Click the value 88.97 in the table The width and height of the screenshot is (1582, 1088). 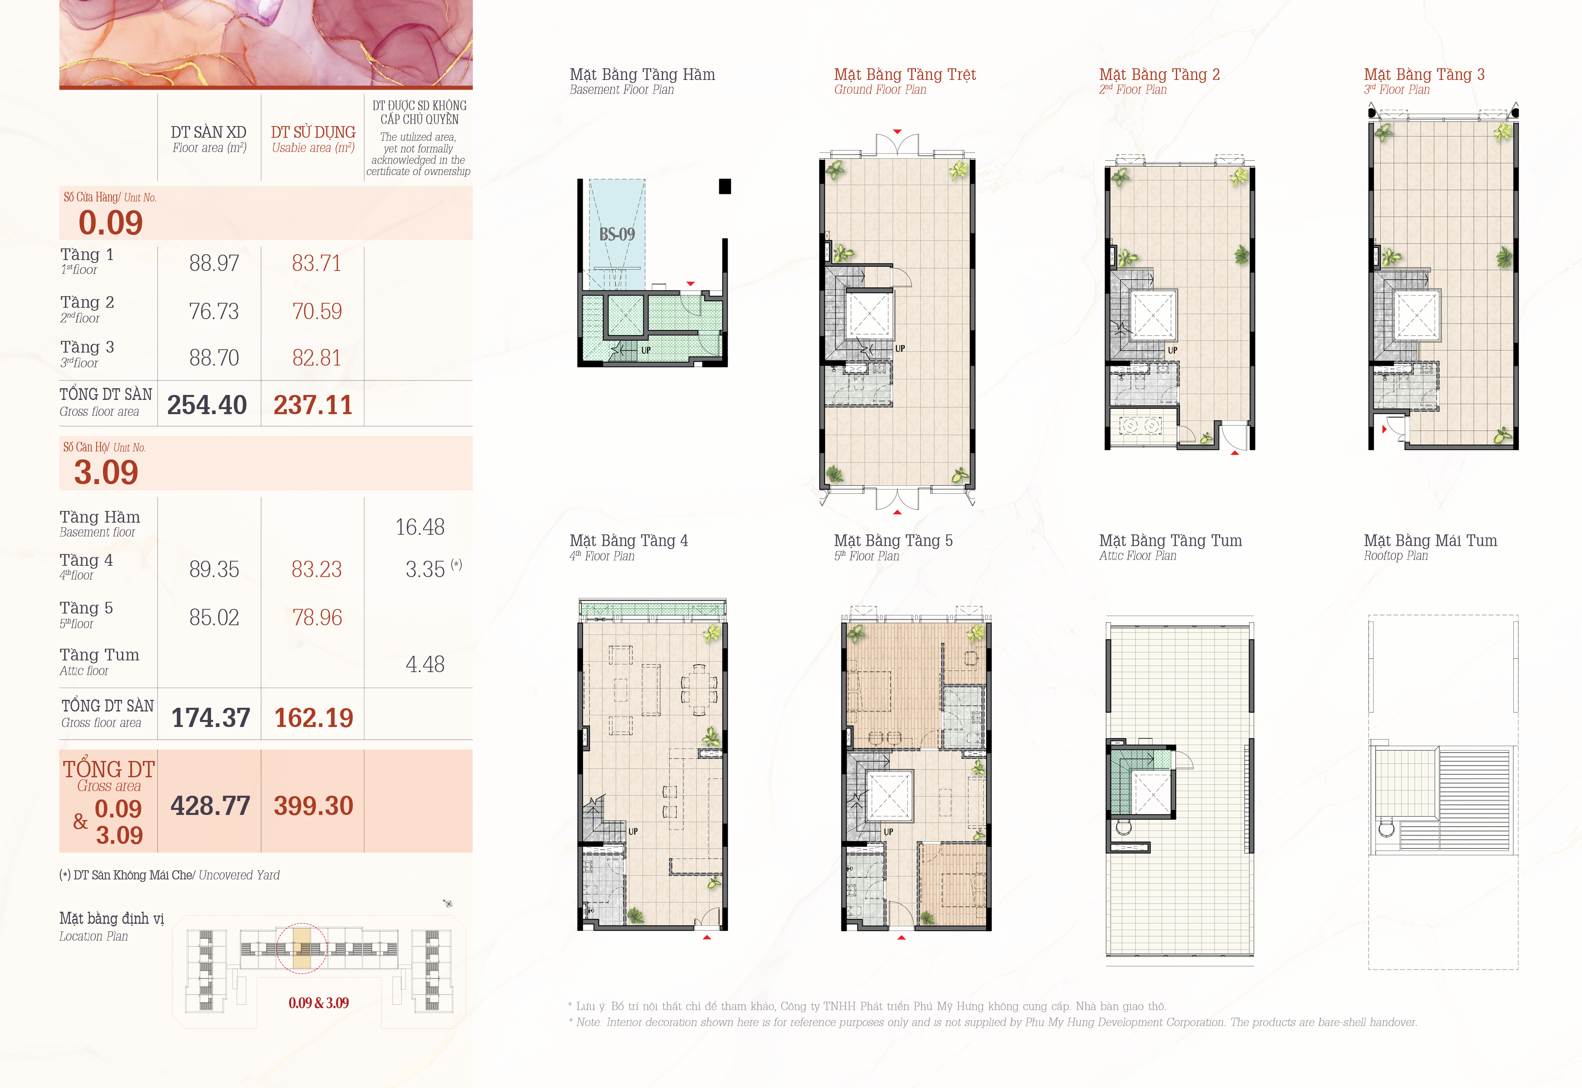[x=214, y=263]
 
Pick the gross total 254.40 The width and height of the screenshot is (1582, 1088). [x=207, y=405]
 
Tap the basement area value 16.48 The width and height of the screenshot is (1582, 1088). [x=420, y=527]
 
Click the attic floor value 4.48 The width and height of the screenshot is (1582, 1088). [x=425, y=664]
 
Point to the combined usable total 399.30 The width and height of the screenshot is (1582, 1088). [x=314, y=806]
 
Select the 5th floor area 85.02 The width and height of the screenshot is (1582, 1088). [x=214, y=618]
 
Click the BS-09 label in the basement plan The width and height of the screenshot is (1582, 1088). [x=617, y=235]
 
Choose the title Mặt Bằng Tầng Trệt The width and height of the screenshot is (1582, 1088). [x=905, y=74]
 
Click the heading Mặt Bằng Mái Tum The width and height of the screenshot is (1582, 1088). [x=1430, y=541]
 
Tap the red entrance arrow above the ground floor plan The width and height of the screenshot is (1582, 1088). [x=897, y=132]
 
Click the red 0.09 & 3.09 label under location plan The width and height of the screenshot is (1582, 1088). [x=318, y=1003]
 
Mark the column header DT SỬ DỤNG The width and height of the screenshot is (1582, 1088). [x=313, y=132]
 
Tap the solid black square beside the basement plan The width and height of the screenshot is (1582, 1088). [x=725, y=186]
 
